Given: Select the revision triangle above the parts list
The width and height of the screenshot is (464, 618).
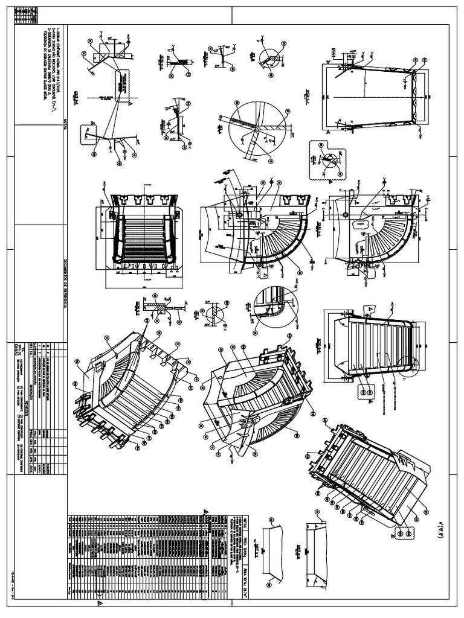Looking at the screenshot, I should pyautogui.click(x=205, y=511).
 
